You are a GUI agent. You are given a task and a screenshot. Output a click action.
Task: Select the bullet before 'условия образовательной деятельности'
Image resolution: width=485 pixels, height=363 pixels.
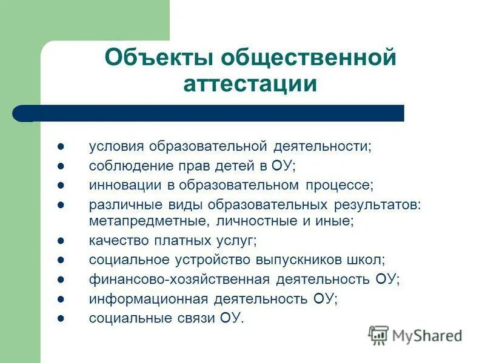point(61,146)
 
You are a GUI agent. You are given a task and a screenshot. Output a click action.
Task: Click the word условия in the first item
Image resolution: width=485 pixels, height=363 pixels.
point(116,146)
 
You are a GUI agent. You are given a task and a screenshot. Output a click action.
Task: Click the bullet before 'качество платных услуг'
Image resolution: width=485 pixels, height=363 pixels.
point(61,241)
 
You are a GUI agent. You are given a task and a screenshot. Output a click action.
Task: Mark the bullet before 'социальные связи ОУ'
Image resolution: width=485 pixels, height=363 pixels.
point(61,318)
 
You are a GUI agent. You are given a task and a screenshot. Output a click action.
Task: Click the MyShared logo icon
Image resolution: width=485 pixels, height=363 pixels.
point(378,335)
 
